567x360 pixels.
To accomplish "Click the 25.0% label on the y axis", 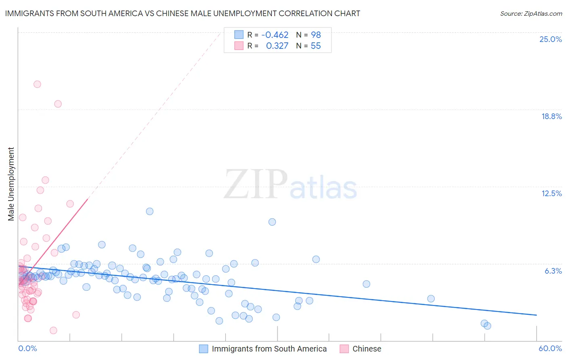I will tap(550, 39).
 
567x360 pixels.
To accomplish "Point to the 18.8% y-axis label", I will tap(551, 116).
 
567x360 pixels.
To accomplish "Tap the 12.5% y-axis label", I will tap(551, 193).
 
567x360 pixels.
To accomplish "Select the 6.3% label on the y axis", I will tap(553, 271).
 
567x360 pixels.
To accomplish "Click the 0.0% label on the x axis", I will tap(27, 348).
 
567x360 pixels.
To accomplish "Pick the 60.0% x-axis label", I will tap(550, 348).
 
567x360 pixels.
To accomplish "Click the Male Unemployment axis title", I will tap(11, 184).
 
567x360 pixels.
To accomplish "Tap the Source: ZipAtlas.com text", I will tap(531, 13).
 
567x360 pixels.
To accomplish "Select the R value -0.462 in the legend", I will tap(275, 35).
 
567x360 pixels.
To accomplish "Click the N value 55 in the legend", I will tap(316, 46).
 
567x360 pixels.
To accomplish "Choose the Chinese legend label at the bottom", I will tap(367, 349).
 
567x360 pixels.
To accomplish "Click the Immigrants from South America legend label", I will tap(269, 349).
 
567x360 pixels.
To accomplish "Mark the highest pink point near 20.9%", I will tap(37, 84).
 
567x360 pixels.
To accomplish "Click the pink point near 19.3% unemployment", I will tap(58, 104).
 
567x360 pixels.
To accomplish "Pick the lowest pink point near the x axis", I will tap(53, 331).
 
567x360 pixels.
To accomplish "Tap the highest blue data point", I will tap(150, 211).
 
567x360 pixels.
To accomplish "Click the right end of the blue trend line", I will tap(536, 315).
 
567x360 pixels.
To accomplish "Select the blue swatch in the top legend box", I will tap(239, 35).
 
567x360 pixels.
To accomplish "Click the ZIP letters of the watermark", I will tap(256, 184).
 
